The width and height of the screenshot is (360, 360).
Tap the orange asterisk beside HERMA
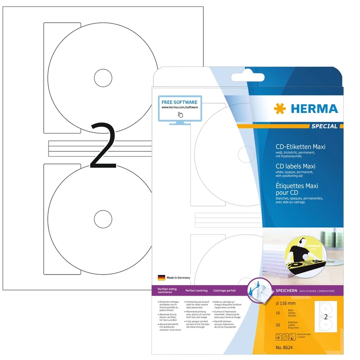[x=278, y=109]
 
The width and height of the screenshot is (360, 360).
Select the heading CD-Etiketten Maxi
[x=300, y=147]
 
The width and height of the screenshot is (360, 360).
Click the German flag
[x=161, y=278]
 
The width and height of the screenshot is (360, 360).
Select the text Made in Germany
[x=178, y=278]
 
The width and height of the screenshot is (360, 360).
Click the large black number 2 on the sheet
[x=104, y=146]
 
